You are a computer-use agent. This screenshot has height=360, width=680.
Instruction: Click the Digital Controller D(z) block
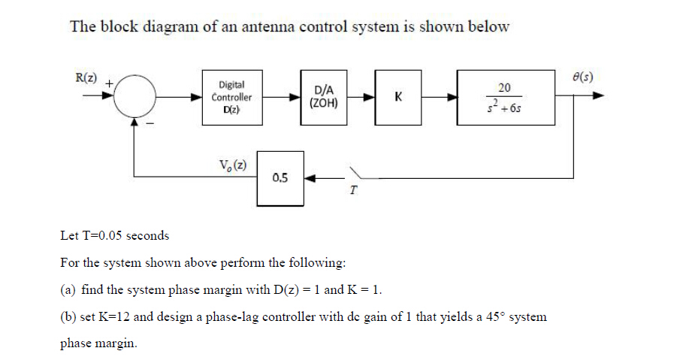coord(231,97)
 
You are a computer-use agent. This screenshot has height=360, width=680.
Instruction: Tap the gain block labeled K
coord(397,97)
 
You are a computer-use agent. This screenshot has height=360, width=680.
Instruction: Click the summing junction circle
coord(135,97)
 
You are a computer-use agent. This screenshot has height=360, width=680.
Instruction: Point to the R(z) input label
coord(86,76)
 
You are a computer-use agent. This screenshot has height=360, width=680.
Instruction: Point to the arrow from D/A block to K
coord(361,97)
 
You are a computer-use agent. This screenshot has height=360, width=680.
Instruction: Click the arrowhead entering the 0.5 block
coord(310,179)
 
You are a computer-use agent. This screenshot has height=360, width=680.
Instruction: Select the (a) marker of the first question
coord(67,290)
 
